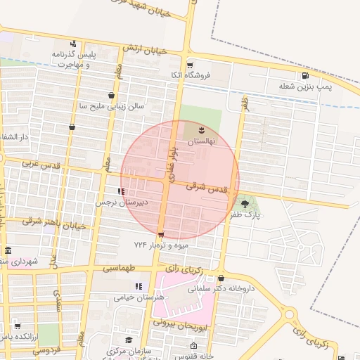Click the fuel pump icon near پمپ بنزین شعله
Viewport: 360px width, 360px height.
click(x=304, y=76)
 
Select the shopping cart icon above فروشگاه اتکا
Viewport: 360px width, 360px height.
click(x=189, y=65)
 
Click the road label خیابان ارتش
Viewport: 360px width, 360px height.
click(x=144, y=49)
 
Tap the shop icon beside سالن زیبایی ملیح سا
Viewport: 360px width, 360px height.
click(x=111, y=95)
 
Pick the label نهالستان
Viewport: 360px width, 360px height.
click(x=202, y=141)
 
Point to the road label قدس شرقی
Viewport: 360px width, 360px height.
click(x=209, y=188)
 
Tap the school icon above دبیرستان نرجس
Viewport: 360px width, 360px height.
click(x=122, y=191)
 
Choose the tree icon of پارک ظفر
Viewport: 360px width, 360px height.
click(x=245, y=204)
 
